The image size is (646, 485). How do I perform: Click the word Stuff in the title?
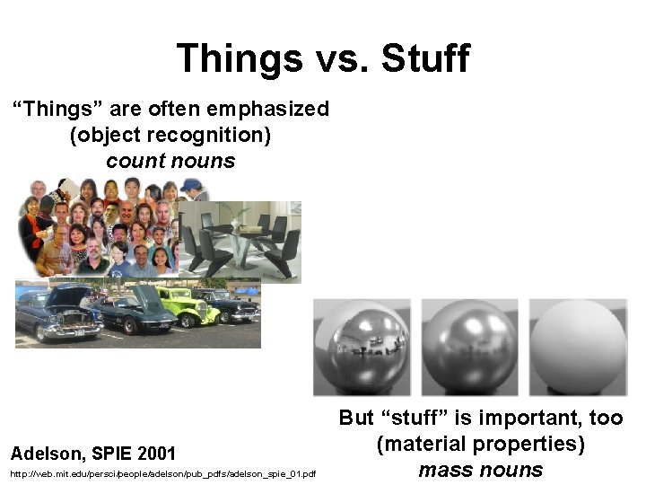[x=424, y=58]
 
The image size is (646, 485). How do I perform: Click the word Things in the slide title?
[x=239, y=58]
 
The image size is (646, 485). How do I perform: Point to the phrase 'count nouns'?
[x=170, y=162]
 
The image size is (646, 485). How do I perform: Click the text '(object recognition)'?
[x=170, y=136]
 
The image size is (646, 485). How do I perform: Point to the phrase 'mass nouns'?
[x=481, y=470]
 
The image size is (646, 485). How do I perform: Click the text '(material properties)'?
[x=481, y=444]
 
